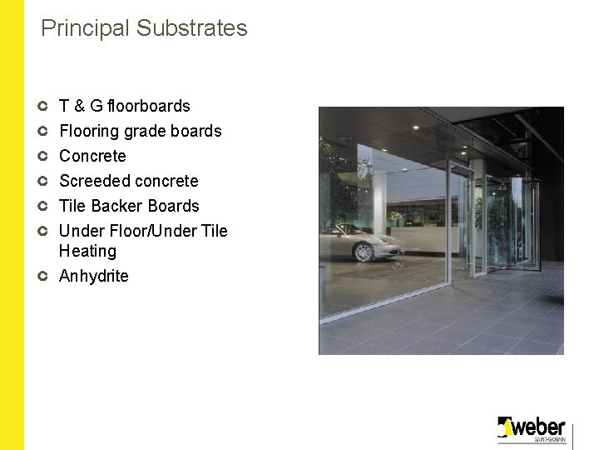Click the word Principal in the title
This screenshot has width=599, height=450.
click(86, 28)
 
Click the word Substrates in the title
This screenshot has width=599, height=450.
click(192, 28)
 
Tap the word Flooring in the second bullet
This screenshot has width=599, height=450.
click(89, 131)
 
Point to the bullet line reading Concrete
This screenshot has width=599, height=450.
click(92, 156)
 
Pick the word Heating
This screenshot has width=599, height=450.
click(87, 251)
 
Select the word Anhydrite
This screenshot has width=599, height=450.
click(94, 276)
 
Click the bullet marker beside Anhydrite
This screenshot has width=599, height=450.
click(43, 276)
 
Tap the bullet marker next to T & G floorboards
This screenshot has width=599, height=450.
click(43, 106)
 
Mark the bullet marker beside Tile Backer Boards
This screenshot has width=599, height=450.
click(43, 206)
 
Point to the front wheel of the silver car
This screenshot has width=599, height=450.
click(359, 252)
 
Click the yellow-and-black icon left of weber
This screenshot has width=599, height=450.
click(504, 427)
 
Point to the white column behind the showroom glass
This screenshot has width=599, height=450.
click(379, 200)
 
